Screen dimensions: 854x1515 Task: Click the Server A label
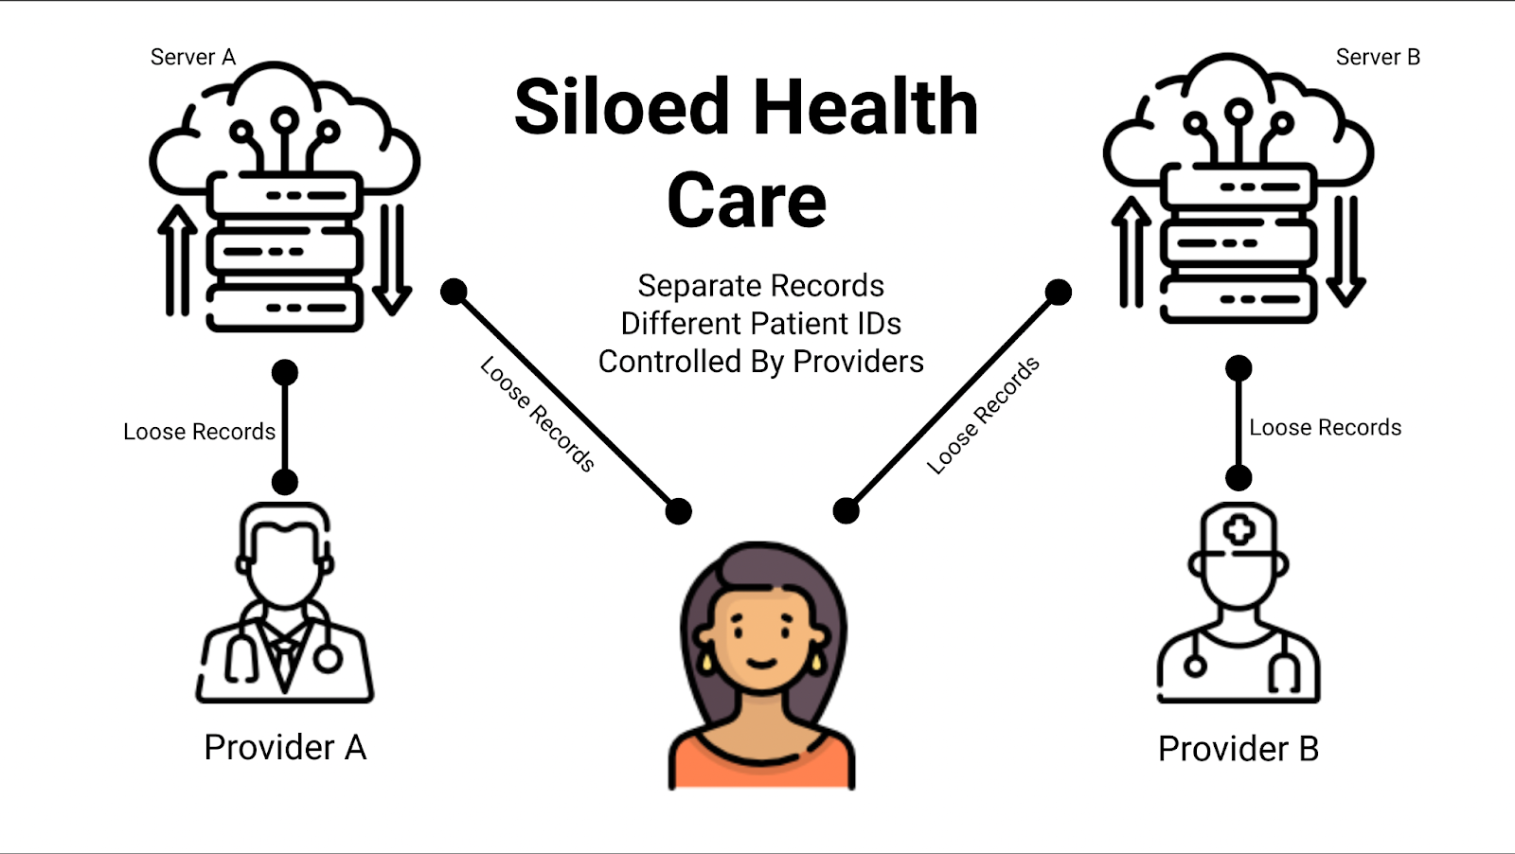[x=192, y=57]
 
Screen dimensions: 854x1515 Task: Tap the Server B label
[x=1377, y=57]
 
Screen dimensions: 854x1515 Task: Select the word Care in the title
[x=746, y=201]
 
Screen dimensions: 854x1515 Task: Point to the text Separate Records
[x=760, y=286]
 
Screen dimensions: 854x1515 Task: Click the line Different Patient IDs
[x=760, y=324]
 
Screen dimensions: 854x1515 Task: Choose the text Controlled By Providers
[x=760, y=362]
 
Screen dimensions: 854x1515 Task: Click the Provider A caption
[x=285, y=748]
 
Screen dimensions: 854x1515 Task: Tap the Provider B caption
[x=1238, y=749]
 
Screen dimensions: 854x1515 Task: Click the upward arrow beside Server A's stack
[x=176, y=260]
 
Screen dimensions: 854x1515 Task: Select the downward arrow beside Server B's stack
[x=1346, y=251]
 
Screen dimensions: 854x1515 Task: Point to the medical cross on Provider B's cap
[x=1239, y=530]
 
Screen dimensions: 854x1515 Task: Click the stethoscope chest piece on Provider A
[x=328, y=658]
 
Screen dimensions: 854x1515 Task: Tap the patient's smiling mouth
[x=762, y=662]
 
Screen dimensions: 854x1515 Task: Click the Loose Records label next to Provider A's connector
[x=199, y=432]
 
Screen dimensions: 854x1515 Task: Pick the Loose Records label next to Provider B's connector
[x=1325, y=428]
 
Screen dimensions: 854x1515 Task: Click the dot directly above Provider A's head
[x=284, y=482]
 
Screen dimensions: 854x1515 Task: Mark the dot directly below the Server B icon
[x=1239, y=368]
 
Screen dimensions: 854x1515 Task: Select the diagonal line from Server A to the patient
[x=566, y=401]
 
